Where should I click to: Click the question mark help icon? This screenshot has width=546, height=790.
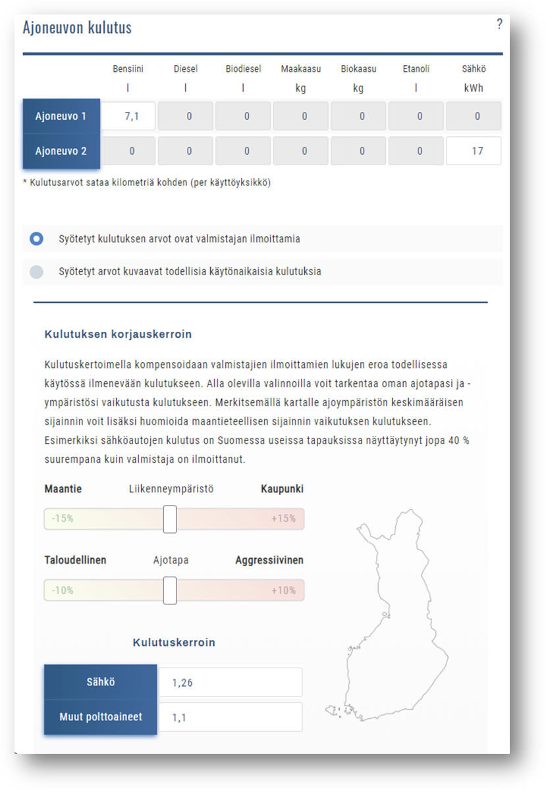coord(499,24)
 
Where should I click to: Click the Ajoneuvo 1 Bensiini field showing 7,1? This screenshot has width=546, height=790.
coord(128,116)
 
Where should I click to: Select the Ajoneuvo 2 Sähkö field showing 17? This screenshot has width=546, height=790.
coord(474,151)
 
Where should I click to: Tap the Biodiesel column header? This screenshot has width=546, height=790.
coord(243,68)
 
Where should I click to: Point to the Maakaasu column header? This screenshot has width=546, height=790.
coord(301,68)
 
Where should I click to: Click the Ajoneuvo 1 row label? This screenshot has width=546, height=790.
coord(61,116)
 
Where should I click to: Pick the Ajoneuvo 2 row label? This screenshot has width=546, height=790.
coord(61,151)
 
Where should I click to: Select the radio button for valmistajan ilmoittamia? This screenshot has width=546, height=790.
coord(37,239)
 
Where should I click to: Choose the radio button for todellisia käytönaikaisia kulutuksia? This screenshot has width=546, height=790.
coord(37,271)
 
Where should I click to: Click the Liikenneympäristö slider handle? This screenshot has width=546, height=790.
coord(170,519)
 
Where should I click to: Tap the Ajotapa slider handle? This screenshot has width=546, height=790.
coord(170,590)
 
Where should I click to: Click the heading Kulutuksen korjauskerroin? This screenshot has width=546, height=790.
coord(118,334)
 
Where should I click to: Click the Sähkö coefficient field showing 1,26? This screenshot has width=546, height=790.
coord(230,682)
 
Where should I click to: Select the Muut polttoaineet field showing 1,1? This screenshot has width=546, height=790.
coord(230,717)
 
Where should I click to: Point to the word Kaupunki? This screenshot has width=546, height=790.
coord(282,489)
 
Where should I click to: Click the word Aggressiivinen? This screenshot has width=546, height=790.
coord(269,560)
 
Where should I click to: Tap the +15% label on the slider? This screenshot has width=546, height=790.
coord(283,519)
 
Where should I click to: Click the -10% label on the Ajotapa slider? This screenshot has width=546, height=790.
coord(63,590)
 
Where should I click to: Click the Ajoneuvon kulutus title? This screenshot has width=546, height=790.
coord(77,28)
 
